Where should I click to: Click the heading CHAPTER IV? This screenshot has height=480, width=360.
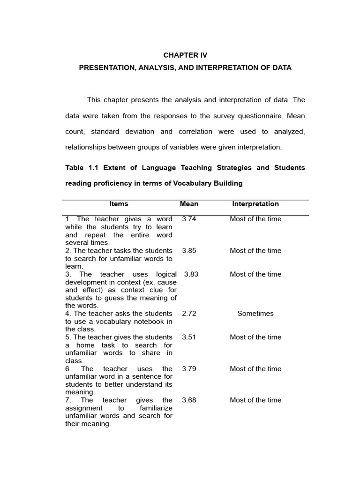(x=185, y=55)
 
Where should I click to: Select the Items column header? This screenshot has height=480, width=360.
(x=119, y=204)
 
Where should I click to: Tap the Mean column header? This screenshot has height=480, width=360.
(x=189, y=204)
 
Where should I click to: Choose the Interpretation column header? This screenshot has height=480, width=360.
(x=255, y=204)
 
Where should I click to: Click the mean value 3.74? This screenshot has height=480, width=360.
(x=189, y=219)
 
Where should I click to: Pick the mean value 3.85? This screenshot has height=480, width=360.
(x=189, y=250)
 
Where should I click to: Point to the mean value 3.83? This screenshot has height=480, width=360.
(x=191, y=274)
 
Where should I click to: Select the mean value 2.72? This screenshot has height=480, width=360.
(x=189, y=314)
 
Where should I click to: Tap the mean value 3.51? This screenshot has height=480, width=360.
(x=189, y=337)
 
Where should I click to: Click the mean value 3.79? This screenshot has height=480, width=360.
(x=189, y=369)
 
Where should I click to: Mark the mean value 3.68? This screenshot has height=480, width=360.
(x=189, y=400)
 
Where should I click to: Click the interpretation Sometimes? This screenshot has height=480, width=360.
(x=255, y=314)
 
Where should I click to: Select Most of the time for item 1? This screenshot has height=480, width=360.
(x=255, y=219)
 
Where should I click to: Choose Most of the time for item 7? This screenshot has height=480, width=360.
(x=255, y=400)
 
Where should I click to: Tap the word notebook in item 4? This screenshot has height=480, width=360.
(x=145, y=322)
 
